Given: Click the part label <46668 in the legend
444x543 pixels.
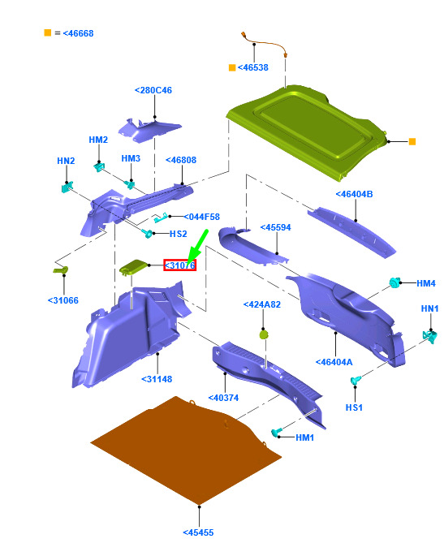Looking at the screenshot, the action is click(78, 33).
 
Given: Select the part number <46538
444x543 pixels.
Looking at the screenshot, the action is click(252, 67).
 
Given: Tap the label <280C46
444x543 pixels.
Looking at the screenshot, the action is click(153, 90).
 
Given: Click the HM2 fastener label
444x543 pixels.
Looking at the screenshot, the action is click(98, 140).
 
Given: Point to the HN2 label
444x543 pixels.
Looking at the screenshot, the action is click(66, 161).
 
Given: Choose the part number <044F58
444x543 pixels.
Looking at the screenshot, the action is click(201, 218).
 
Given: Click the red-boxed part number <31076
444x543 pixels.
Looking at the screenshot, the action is click(179, 265).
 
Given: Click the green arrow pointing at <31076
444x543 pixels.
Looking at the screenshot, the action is click(197, 246).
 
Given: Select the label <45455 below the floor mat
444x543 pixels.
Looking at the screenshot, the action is click(198, 532).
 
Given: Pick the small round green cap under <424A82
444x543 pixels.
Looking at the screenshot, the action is click(264, 334).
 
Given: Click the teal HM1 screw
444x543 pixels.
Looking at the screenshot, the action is click(276, 432).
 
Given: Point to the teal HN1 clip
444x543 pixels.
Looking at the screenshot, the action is click(430, 336).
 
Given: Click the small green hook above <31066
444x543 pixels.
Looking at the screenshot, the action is click(61, 269).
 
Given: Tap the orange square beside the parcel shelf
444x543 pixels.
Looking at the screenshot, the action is click(412, 142).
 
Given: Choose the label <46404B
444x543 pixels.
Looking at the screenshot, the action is click(354, 194).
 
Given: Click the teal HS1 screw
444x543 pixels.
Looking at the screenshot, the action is click(356, 380).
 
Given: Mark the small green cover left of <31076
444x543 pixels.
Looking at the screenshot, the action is click(133, 267).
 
